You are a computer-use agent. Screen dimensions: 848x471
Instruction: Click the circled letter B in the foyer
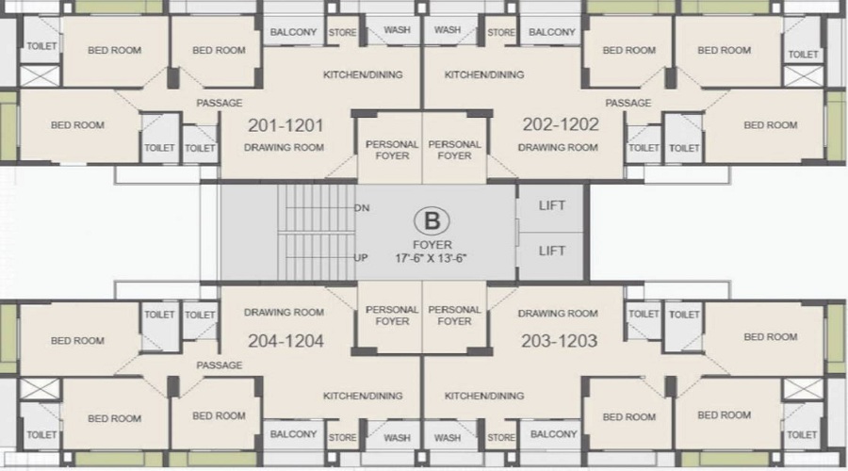[x=432, y=221]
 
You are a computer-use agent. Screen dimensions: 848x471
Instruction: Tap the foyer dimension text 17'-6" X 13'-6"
[x=431, y=258]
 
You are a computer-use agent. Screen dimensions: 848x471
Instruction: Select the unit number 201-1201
[x=285, y=125]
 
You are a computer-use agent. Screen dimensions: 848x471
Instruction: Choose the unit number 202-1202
[x=561, y=124]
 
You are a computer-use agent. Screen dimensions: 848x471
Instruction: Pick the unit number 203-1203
[x=559, y=341]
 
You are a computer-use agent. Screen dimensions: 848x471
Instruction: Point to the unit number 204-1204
[x=285, y=341]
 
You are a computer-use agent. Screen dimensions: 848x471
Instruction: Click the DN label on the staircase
[x=362, y=207]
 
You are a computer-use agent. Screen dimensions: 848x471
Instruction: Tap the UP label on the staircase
[x=361, y=258]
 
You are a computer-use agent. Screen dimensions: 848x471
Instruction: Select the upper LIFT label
[x=551, y=205]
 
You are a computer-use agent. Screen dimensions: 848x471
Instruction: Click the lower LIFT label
[x=551, y=251]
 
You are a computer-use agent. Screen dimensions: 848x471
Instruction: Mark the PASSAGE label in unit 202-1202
[x=628, y=103]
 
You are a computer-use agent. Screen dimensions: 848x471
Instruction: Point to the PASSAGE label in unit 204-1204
[x=219, y=365]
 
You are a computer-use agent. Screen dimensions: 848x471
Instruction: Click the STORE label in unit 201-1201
[x=342, y=32]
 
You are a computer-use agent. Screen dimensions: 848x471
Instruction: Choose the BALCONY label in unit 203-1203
[x=554, y=433]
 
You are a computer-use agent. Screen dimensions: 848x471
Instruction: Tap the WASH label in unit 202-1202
[x=448, y=30]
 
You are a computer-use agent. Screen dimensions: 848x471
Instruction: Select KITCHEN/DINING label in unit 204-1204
[x=363, y=396]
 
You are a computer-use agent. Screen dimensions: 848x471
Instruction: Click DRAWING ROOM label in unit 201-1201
[x=284, y=147]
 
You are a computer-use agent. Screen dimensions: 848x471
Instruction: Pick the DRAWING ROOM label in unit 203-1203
[x=558, y=313]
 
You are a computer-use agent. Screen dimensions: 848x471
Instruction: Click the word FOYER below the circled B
[x=432, y=244]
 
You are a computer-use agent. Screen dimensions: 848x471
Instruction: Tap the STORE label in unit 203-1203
[x=501, y=437]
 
